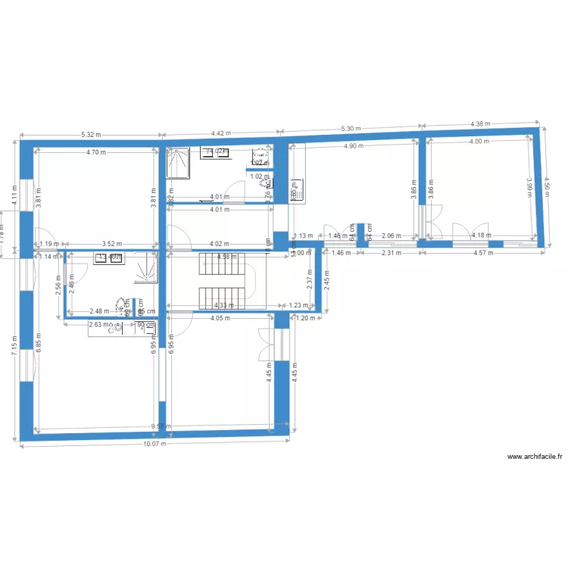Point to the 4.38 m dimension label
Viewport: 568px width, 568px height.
481,123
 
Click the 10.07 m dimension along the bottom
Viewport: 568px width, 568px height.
155,445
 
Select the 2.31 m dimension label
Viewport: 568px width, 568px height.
391,254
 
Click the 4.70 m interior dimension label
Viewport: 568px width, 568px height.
96,152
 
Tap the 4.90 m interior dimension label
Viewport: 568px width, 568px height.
354,146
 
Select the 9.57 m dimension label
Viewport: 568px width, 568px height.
158,426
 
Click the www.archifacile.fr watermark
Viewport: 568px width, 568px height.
535,457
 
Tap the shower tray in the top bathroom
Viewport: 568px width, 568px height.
176,163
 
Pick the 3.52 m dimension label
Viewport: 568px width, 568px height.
112,244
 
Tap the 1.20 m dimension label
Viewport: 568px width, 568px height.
306,319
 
